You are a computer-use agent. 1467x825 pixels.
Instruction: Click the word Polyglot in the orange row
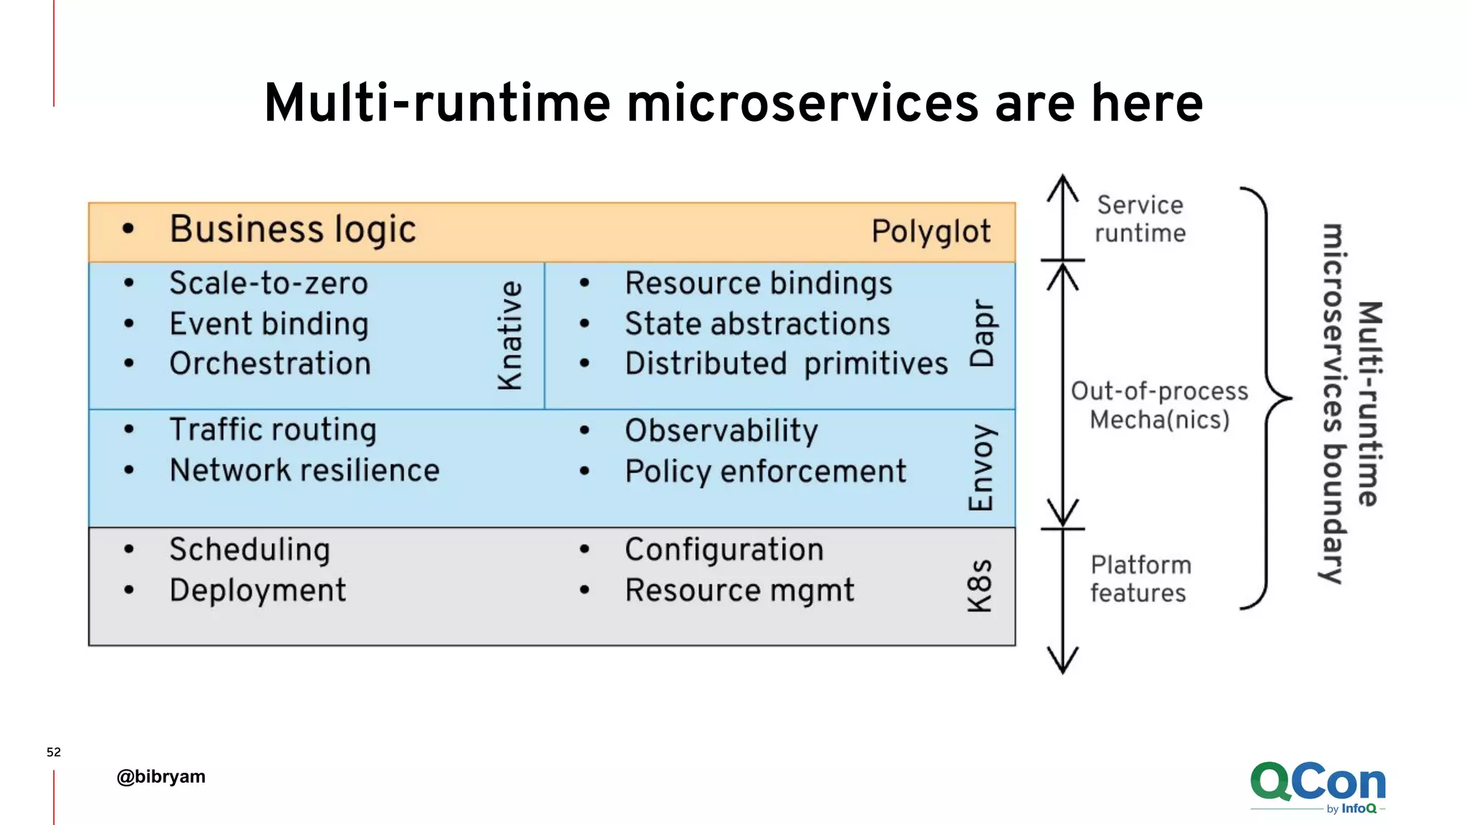(x=930, y=232)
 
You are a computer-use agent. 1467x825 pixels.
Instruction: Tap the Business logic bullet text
(x=292, y=230)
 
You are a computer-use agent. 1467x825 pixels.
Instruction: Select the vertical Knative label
(x=510, y=335)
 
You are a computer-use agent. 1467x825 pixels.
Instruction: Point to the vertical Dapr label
(x=981, y=334)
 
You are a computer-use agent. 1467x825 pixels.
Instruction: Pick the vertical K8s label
(x=980, y=586)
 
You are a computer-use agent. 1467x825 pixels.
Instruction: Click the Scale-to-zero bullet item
(x=269, y=283)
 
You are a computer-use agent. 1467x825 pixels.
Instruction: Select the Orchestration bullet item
(x=270, y=364)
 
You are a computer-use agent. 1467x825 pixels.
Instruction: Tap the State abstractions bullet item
(x=757, y=324)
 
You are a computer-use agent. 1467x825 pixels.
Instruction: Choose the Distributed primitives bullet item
(x=786, y=364)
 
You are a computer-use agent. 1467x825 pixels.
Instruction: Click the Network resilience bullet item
(x=304, y=471)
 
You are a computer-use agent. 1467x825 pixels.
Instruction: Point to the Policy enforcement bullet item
(x=765, y=472)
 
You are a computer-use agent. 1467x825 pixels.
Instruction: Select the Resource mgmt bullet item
(x=739, y=591)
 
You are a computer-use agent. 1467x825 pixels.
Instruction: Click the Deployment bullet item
(x=258, y=591)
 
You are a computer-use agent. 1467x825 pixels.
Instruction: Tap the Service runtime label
(x=1140, y=219)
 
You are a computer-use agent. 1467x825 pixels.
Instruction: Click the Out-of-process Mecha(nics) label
(x=1159, y=405)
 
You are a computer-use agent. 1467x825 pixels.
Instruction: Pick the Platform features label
(x=1140, y=579)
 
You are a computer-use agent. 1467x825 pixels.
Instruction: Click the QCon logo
(x=1318, y=786)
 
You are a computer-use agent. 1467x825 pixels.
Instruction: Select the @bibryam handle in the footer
(x=161, y=776)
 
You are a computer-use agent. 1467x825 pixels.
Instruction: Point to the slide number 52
(x=54, y=752)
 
